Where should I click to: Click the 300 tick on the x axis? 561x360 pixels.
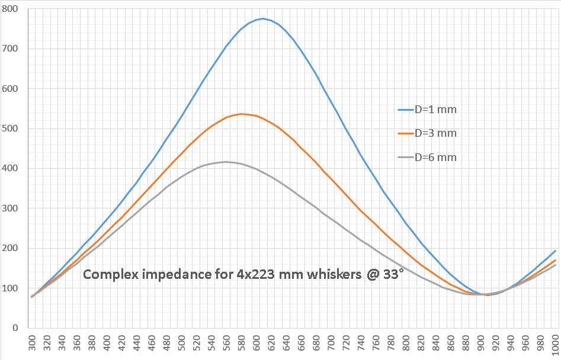coord(32,344)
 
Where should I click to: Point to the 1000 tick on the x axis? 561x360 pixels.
coord(554,344)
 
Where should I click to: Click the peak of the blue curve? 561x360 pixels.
coord(262,18)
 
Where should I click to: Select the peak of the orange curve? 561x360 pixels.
coord(241,114)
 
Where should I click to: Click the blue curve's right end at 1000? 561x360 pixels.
coord(554,250)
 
